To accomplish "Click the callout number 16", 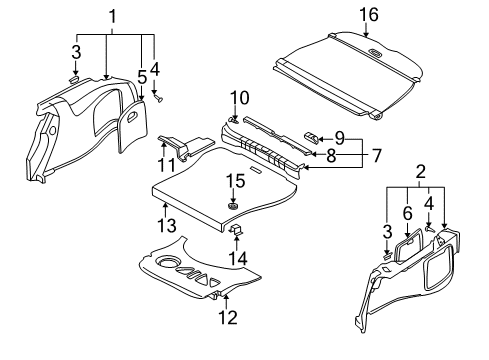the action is pos(369,15).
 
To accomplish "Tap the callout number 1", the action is pos(113,16).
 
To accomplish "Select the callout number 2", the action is pos(421,172).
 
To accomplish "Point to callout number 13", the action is pos(167,225).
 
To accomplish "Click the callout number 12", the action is pos(228,317).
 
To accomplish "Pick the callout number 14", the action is pos(238,258).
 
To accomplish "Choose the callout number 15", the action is pos(235,181).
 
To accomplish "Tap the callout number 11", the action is pos(166,165).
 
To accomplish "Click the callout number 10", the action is pos(239,98).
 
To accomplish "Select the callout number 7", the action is pos(376,155).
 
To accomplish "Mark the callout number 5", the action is pos(142,78).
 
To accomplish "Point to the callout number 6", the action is pos(407,213).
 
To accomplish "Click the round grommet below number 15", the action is pos(233,206).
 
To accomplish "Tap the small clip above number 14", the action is pos(236,229).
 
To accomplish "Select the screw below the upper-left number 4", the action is pos(157,97).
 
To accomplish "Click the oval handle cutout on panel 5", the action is pos(132,116).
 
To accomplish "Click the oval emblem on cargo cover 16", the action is pos(375,52).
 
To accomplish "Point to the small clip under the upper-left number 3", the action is pos(74,79).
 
